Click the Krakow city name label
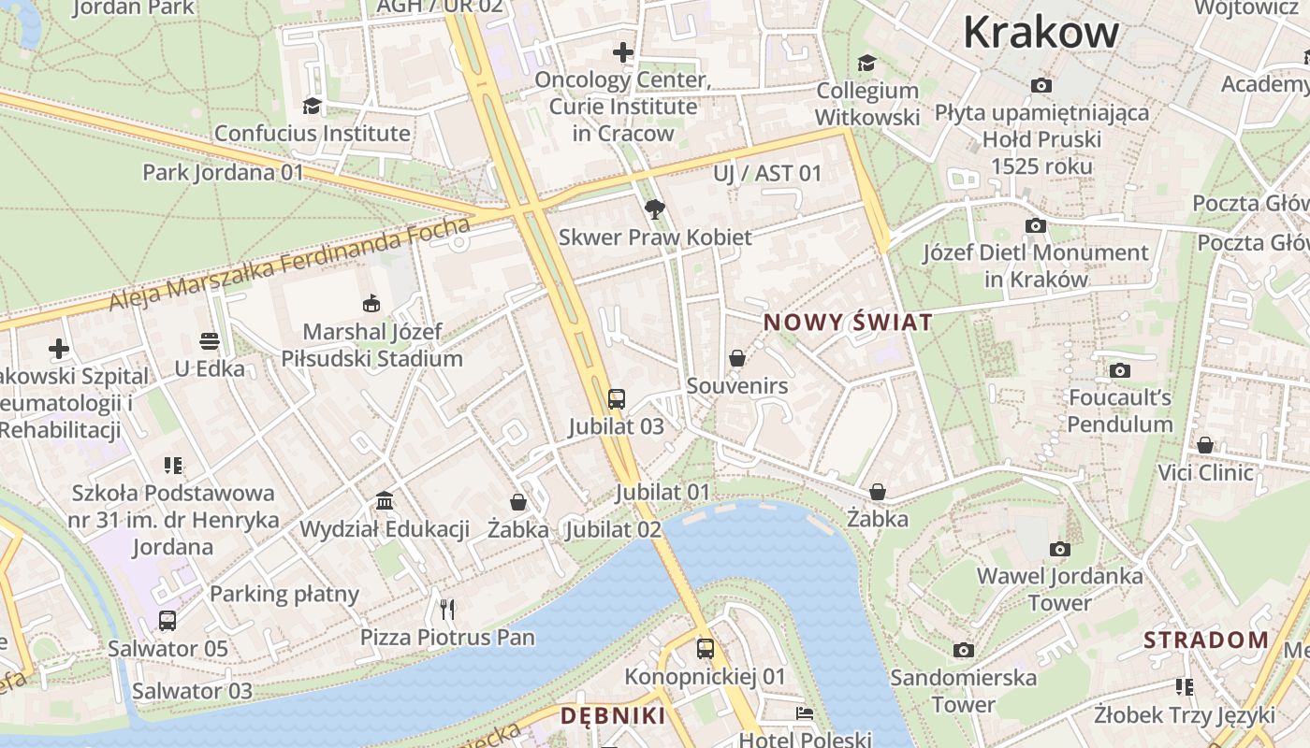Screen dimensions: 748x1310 (x=1041, y=32)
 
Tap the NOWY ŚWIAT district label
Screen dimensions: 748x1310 (x=848, y=323)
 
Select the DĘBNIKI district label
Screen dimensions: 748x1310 (x=613, y=716)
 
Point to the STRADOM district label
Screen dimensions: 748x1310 (x=1206, y=640)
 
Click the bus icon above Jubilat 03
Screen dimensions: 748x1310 (x=616, y=399)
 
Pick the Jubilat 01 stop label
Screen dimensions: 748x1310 (x=662, y=492)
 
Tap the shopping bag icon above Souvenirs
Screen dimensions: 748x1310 (x=737, y=358)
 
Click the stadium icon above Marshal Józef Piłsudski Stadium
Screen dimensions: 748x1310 (x=371, y=303)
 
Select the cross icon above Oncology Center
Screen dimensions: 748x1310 (x=623, y=52)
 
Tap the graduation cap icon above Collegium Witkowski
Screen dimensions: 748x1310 (x=867, y=63)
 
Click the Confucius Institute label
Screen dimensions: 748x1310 (x=312, y=133)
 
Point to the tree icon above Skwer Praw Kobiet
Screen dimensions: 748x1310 (x=655, y=209)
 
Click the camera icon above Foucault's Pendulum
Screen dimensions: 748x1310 (x=1120, y=370)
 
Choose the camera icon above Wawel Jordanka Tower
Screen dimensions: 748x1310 (x=1059, y=549)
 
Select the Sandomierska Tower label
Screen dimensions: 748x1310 (x=963, y=690)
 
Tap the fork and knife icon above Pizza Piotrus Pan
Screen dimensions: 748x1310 (x=447, y=610)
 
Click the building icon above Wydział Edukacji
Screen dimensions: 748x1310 (x=385, y=501)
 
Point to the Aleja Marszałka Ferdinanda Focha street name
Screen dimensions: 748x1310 (x=290, y=265)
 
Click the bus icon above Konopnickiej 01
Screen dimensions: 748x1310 (x=706, y=648)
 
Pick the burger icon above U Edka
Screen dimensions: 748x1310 (x=210, y=341)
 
